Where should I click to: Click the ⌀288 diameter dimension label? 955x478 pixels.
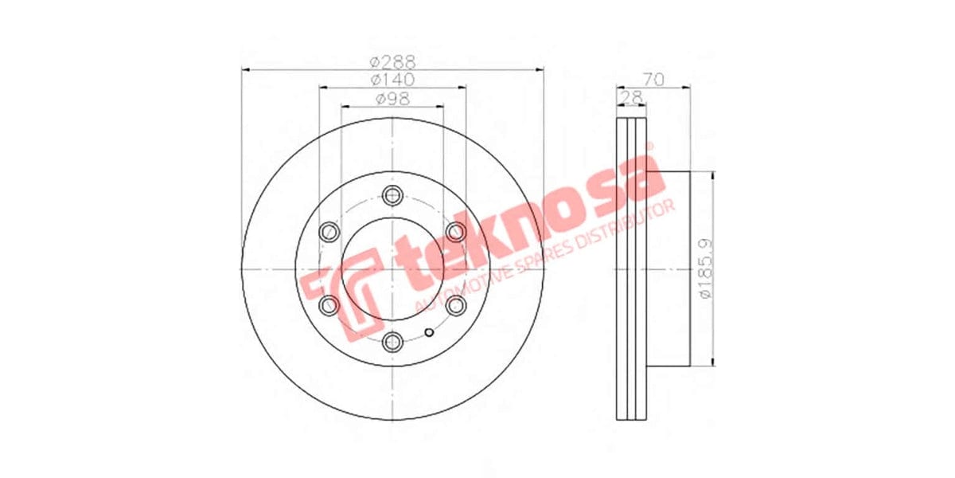click(392, 61)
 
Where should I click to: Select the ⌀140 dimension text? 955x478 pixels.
click(392, 80)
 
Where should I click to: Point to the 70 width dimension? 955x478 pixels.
click(653, 80)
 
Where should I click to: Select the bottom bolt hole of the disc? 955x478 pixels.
click(392, 342)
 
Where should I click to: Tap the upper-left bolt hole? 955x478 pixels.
click(329, 232)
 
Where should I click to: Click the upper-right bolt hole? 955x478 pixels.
click(455, 232)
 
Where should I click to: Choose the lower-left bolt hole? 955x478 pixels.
click(329, 305)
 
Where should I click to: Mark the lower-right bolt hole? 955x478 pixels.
click(455, 305)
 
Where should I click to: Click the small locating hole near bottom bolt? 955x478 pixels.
click(427, 333)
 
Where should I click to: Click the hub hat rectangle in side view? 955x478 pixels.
click(668, 268)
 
